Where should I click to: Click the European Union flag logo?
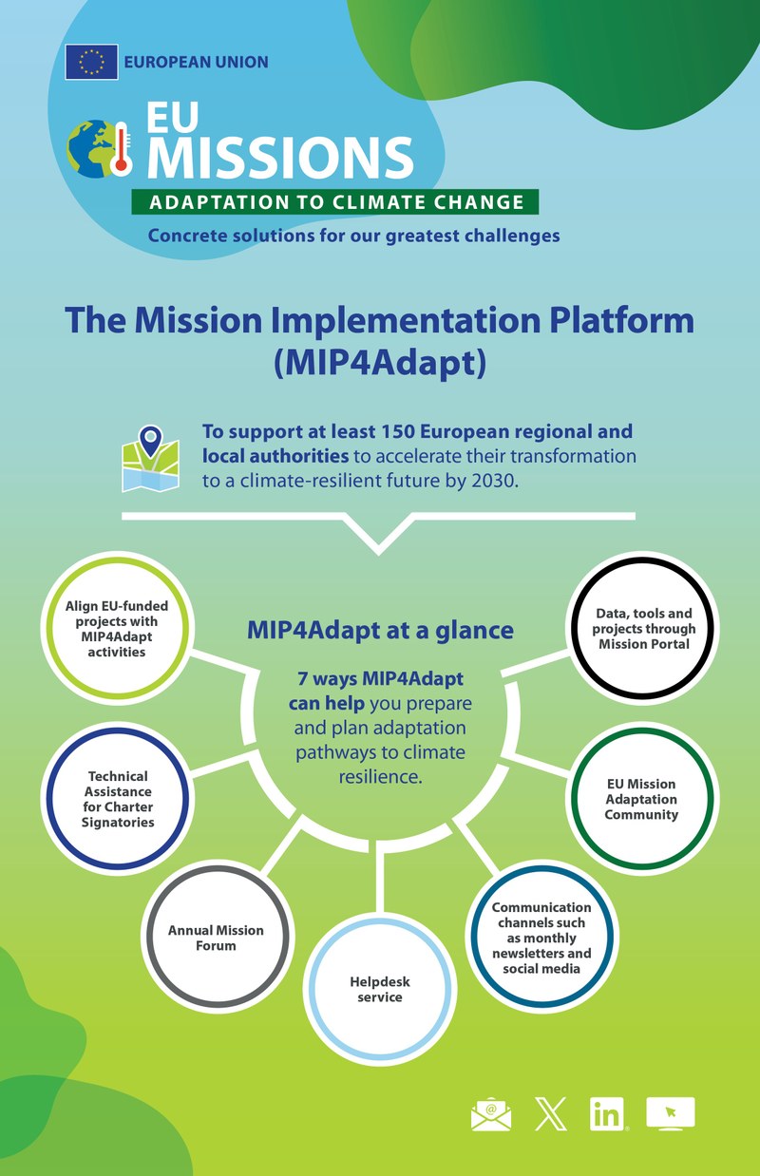pos(91,62)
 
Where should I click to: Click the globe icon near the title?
pos(86,149)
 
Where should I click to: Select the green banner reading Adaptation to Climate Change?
pos(335,201)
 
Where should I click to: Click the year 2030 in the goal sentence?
pos(495,480)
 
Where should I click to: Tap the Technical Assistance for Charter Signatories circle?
pos(119,799)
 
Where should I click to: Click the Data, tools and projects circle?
pos(643,628)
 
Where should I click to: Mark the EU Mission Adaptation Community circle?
pos(641,799)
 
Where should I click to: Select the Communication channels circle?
pos(541,937)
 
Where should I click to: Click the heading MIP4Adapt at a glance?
pos(380,630)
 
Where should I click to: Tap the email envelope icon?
pos(491,1114)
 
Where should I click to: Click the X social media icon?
pos(550,1114)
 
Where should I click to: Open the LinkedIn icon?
pos(608,1114)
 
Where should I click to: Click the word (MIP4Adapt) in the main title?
pos(380,364)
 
